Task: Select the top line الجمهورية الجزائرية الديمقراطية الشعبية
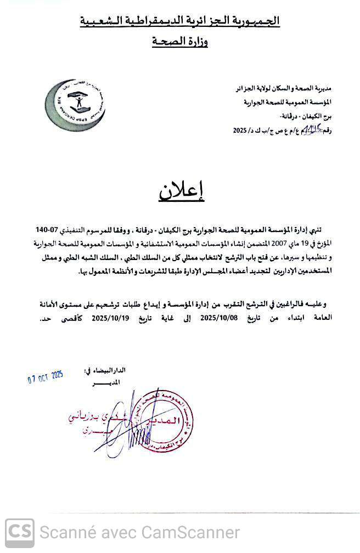(x=180, y=21)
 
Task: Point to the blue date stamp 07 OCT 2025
(x=46, y=377)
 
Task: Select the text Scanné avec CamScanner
(x=140, y=533)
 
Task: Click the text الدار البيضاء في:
(x=104, y=371)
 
